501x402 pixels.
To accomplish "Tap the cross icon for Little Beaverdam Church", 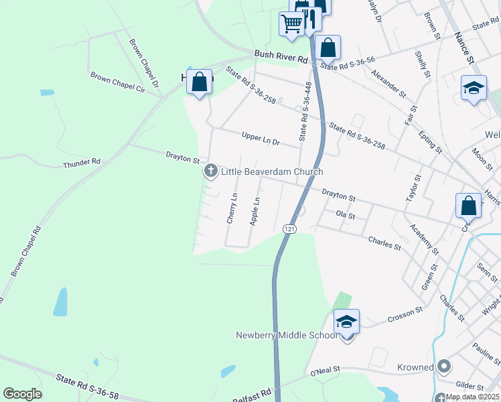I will [211, 172].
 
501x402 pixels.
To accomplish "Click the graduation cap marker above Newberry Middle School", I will [347, 321].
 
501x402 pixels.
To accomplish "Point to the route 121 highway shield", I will [289, 229].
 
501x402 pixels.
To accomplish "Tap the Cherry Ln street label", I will [232, 208].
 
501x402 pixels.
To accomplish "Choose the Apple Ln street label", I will [255, 210].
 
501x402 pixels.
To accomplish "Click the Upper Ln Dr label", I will [261, 139].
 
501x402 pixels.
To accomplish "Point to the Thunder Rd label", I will [81, 163].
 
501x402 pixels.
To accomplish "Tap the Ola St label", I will [345, 216].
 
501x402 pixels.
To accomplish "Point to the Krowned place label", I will [416, 367].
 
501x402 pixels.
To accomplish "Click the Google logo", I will [23, 394].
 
